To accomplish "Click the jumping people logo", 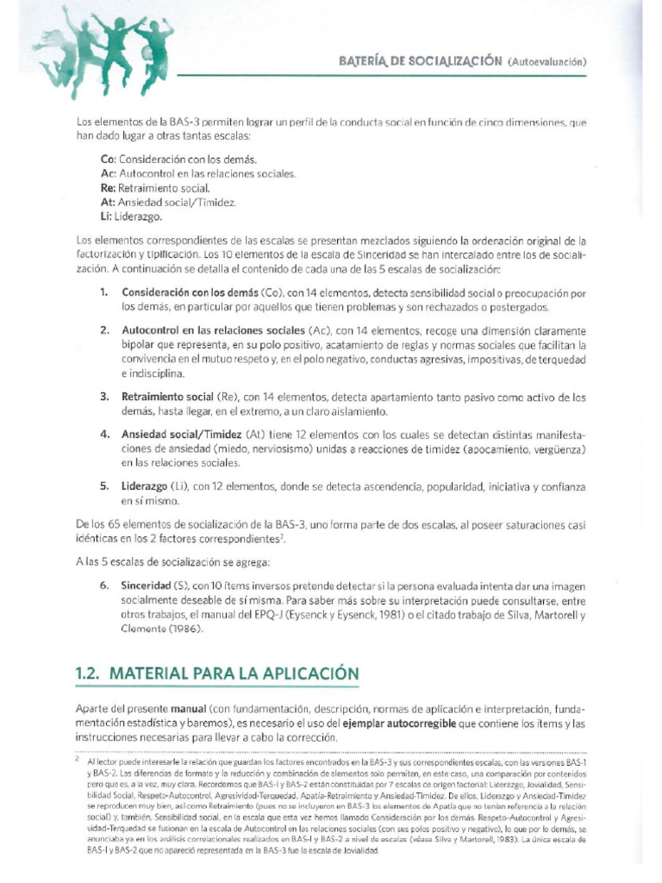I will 104,47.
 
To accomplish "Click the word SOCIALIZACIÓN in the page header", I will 459,60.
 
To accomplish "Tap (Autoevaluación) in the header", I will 547,61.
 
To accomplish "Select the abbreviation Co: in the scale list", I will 109,160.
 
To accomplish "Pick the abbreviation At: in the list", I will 108,202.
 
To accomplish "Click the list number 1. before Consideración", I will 103,292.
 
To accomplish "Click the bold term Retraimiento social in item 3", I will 167,398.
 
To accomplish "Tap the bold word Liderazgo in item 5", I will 145,487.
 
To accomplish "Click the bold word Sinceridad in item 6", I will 147,586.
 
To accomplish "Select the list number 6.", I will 103,586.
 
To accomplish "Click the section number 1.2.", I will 91,673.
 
